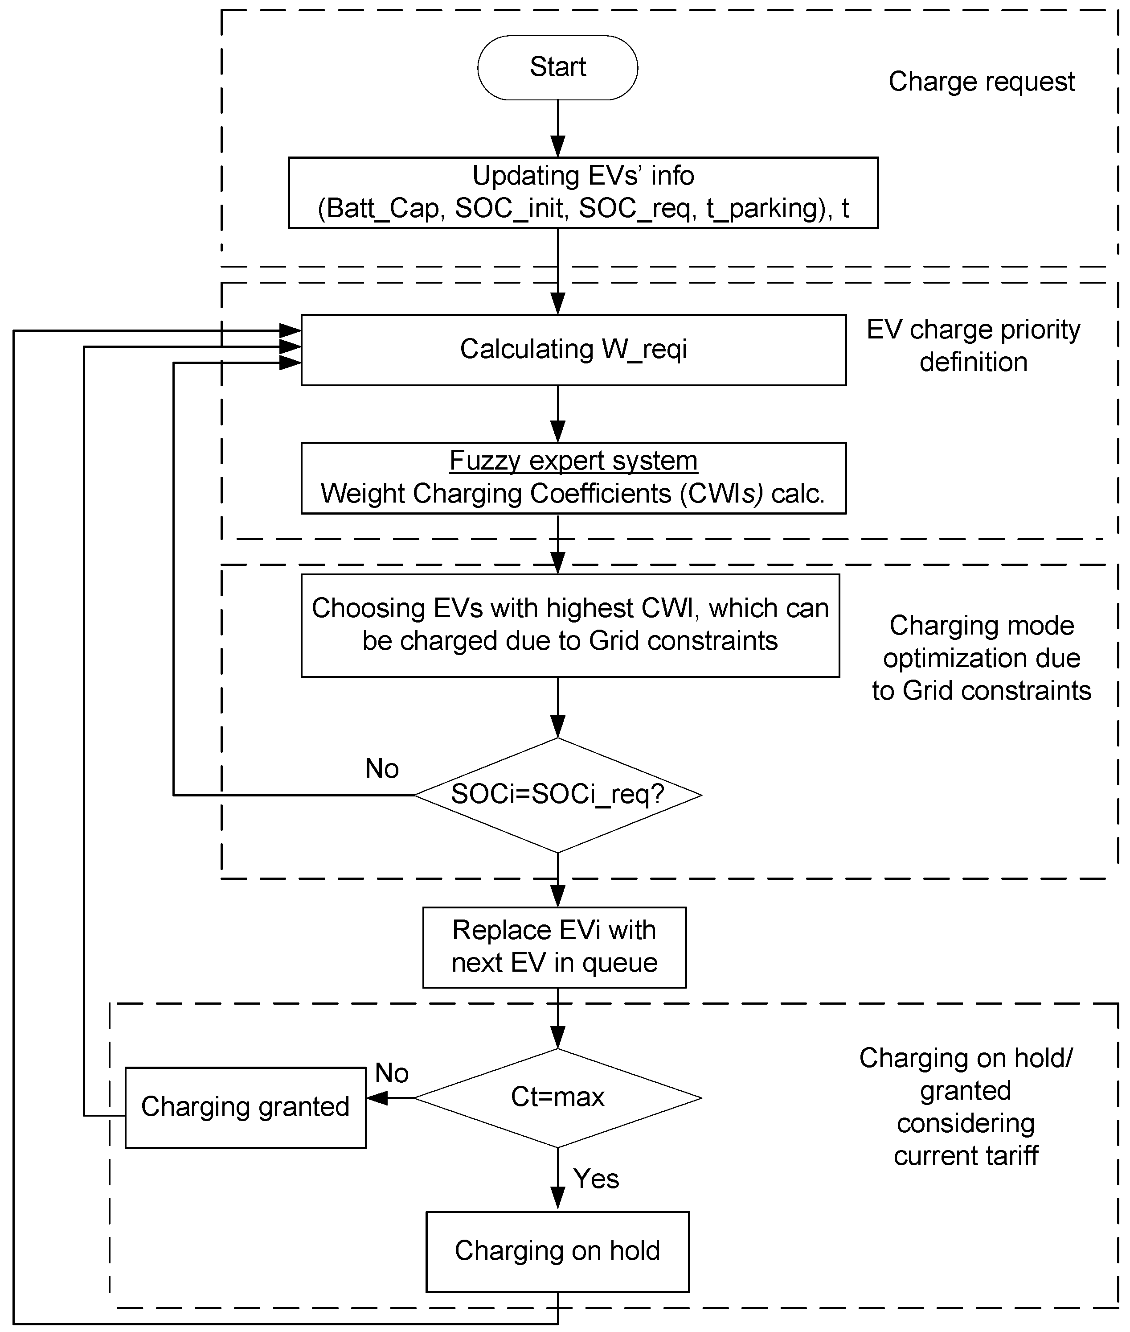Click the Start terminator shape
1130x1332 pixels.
(x=557, y=67)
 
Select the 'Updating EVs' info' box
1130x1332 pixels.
(x=583, y=192)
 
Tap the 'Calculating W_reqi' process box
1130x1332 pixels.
(x=573, y=349)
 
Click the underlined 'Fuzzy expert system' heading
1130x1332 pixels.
(x=573, y=460)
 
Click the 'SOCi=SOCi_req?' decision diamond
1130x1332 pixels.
(x=557, y=795)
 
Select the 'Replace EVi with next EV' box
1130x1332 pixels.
(x=554, y=946)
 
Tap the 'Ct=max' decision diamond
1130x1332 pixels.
(x=557, y=1097)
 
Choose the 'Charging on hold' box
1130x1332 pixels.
(x=557, y=1250)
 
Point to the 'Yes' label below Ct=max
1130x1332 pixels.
(x=596, y=1178)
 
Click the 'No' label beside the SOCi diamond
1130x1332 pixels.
(x=382, y=768)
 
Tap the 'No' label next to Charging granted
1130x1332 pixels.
(x=391, y=1073)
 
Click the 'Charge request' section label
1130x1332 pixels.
(x=981, y=82)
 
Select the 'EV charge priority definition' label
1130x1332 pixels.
(x=973, y=346)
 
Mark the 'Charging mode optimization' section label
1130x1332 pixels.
(x=981, y=658)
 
